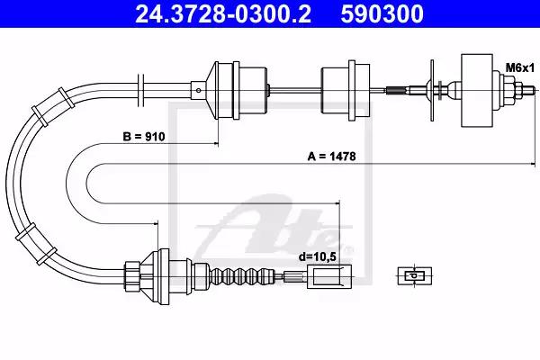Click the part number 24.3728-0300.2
pyautogui.click(x=223, y=13)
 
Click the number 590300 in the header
pyautogui.click(x=382, y=13)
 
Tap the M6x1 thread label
pyautogui.click(x=519, y=68)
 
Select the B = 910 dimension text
pyautogui.click(x=144, y=137)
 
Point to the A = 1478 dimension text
pyautogui.click(x=331, y=157)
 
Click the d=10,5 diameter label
pyautogui.click(x=317, y=256)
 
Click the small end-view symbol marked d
pyautogui.click(x=415, y=275)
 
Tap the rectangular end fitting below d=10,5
pyautogui.click(x=329, y=276)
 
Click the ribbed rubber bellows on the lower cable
pyautogui.click(x=242, y=275)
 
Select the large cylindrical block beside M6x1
pyautogui.click(x=477, y=91)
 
